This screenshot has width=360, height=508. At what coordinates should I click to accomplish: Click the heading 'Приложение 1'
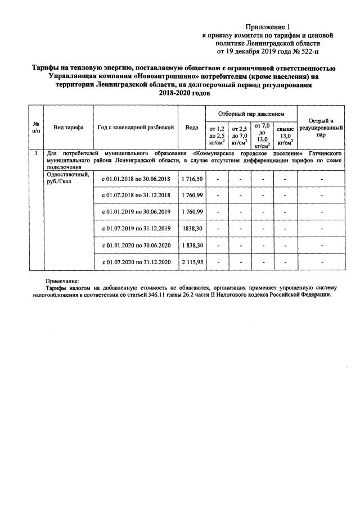267,26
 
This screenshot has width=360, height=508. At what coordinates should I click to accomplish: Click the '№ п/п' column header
36,127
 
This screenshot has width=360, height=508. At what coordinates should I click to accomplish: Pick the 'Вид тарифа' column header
68,128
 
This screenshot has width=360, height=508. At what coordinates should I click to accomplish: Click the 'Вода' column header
192,128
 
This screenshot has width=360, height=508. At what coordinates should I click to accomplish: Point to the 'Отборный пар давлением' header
250,113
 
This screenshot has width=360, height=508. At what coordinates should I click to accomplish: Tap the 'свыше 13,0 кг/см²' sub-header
285,135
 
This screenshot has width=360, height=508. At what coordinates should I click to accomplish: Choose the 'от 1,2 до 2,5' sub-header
217,135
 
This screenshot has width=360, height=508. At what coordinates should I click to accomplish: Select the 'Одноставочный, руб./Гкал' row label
68,178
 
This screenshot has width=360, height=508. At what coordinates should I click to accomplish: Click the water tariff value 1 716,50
192,179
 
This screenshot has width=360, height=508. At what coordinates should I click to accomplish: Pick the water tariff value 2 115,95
192,262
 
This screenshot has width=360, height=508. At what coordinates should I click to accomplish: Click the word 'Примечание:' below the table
62,282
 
